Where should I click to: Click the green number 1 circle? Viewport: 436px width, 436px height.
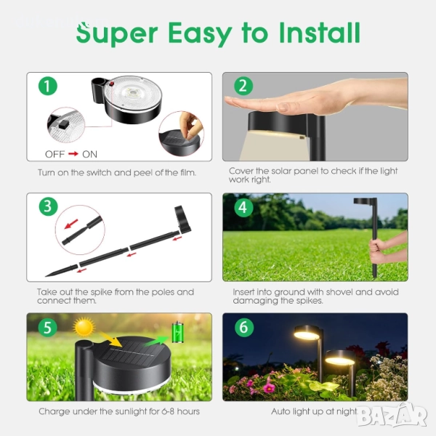[x=48, y=86]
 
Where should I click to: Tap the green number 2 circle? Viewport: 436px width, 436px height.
[x=243, y=86]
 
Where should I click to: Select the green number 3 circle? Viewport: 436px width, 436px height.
[x=48, y=206]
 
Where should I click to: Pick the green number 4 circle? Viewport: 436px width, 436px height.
[x=243, y=207]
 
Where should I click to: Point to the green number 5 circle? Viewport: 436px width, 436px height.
[x=48, y=327]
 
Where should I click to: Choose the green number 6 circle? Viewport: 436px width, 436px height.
[x=244, y=327]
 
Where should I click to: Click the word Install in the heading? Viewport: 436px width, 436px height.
[x=320, y=33]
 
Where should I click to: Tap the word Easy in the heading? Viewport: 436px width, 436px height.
[x=201, y=34]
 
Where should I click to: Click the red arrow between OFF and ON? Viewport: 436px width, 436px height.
[x=73, y=154]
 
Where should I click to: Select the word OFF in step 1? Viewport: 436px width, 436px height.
[x=54, y=154]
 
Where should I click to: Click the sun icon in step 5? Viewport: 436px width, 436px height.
[x=84, y=327]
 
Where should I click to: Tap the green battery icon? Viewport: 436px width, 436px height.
[x=177, y=332]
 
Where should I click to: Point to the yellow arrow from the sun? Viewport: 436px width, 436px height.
[x=110, y=339]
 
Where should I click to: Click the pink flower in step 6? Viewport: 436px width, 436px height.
[x=269, y=386]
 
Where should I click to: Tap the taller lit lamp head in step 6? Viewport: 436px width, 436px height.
[x=307, y=333]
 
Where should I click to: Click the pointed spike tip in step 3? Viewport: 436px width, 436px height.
[x=46, y=276]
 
